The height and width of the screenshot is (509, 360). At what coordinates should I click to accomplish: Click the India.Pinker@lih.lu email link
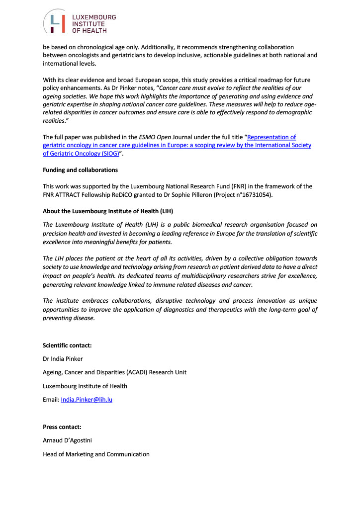click(86, 399)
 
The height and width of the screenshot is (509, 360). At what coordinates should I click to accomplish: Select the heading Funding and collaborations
click(80, 170)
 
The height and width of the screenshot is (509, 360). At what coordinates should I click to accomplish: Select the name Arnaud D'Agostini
click(72, 440)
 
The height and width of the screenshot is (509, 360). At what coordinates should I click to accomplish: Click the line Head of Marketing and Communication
click(96, 454)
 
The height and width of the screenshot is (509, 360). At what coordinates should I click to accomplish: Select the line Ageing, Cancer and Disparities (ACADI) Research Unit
click(114, 372)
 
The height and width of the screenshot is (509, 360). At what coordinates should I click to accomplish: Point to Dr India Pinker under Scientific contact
click(63, 359)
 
